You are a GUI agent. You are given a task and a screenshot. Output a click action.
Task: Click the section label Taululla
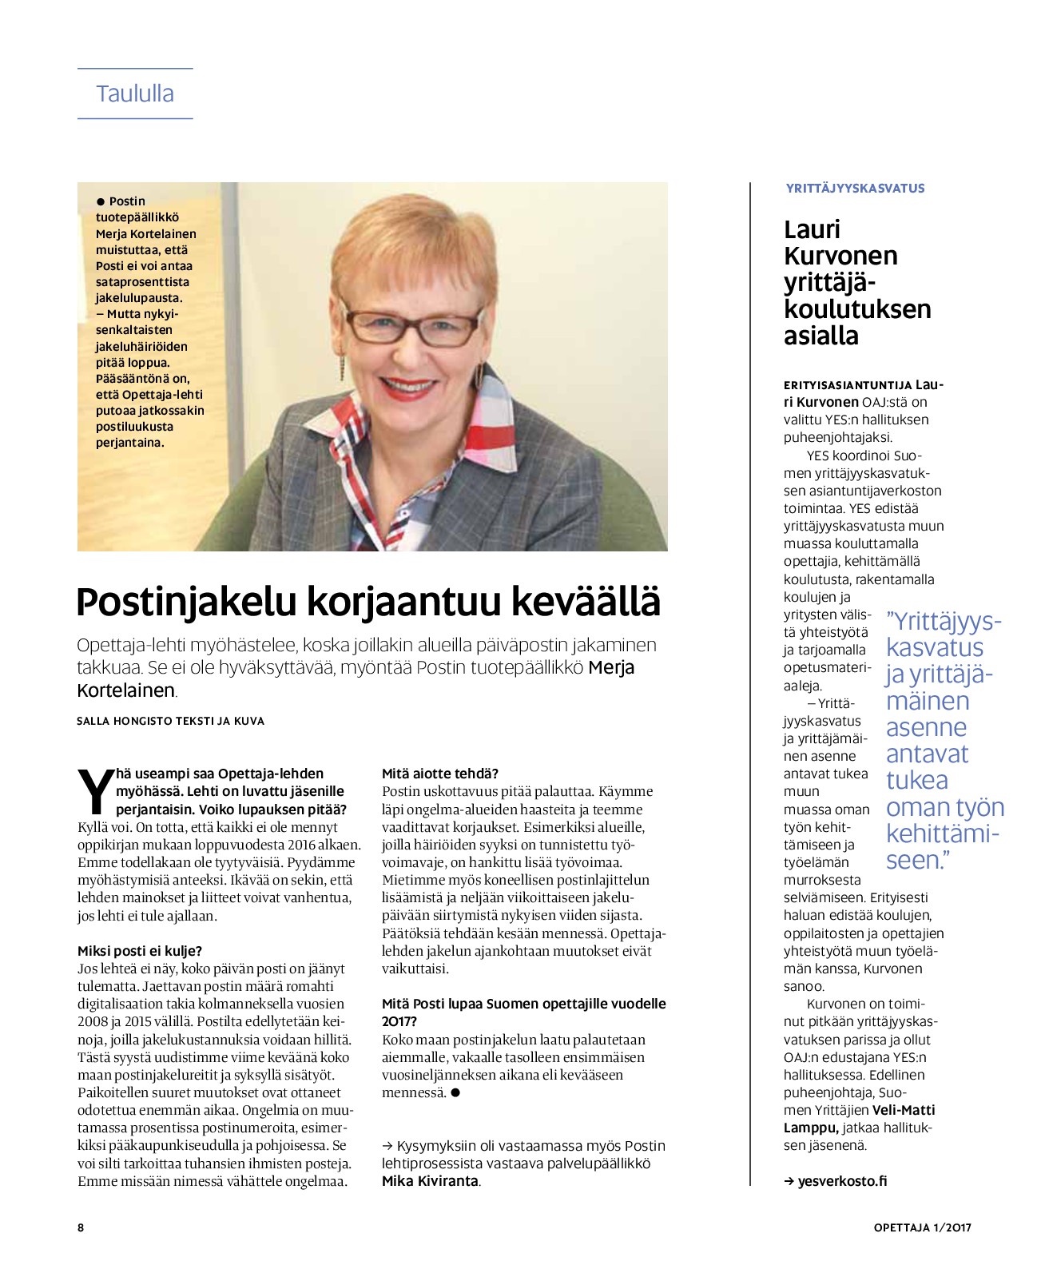tap(135, 93)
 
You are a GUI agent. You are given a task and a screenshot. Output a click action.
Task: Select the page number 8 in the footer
tap(81, 1227)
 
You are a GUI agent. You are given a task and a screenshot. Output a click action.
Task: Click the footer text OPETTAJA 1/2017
tap(922, 1227)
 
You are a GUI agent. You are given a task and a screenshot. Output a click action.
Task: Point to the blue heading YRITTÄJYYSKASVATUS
tap(855, 189)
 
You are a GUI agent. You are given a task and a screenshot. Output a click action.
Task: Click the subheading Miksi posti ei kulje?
tap(140, 951)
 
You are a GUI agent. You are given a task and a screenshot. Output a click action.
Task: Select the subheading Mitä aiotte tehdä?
tap(440, 774)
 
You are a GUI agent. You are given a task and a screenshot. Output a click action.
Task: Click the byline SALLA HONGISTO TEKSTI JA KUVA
tap(170, 721)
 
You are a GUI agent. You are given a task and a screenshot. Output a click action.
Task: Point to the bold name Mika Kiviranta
tap(430, 1181)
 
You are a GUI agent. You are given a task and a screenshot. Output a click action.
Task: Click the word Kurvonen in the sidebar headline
tap(840, 256)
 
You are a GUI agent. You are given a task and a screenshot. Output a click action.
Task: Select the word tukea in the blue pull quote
tap(917, 781)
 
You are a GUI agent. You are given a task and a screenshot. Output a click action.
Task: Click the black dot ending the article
tap(455, 1092)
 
